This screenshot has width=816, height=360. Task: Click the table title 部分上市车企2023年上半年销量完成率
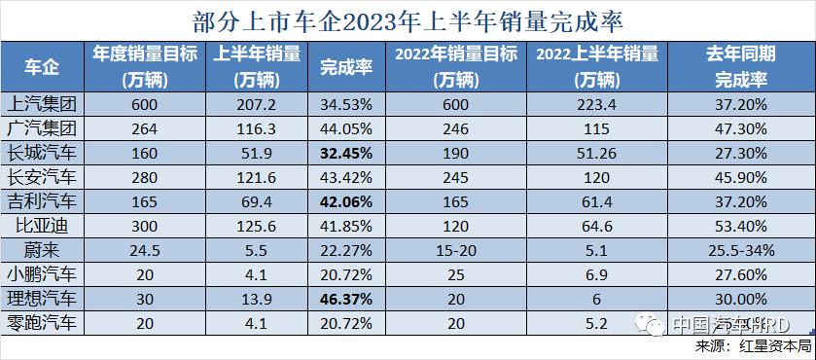pyautogui.click(x=408, y=19)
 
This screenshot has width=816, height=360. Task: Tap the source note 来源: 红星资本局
pyautogui.click(x=754, y=346)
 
